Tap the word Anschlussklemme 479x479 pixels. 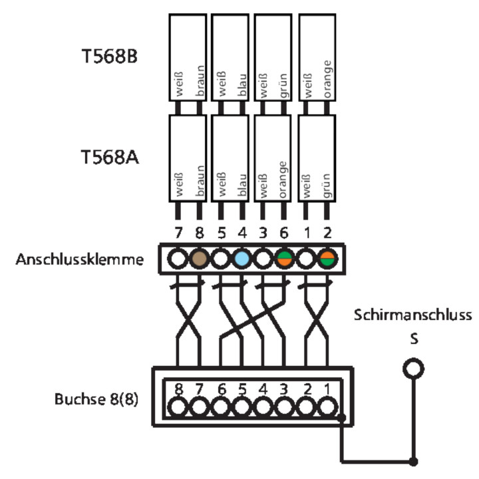click(x=79, y=259)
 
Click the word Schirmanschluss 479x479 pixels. click(x=412, y=314)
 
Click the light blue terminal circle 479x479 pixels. click(x=241, y=259)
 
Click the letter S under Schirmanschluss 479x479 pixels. click(x=413, y=338)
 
